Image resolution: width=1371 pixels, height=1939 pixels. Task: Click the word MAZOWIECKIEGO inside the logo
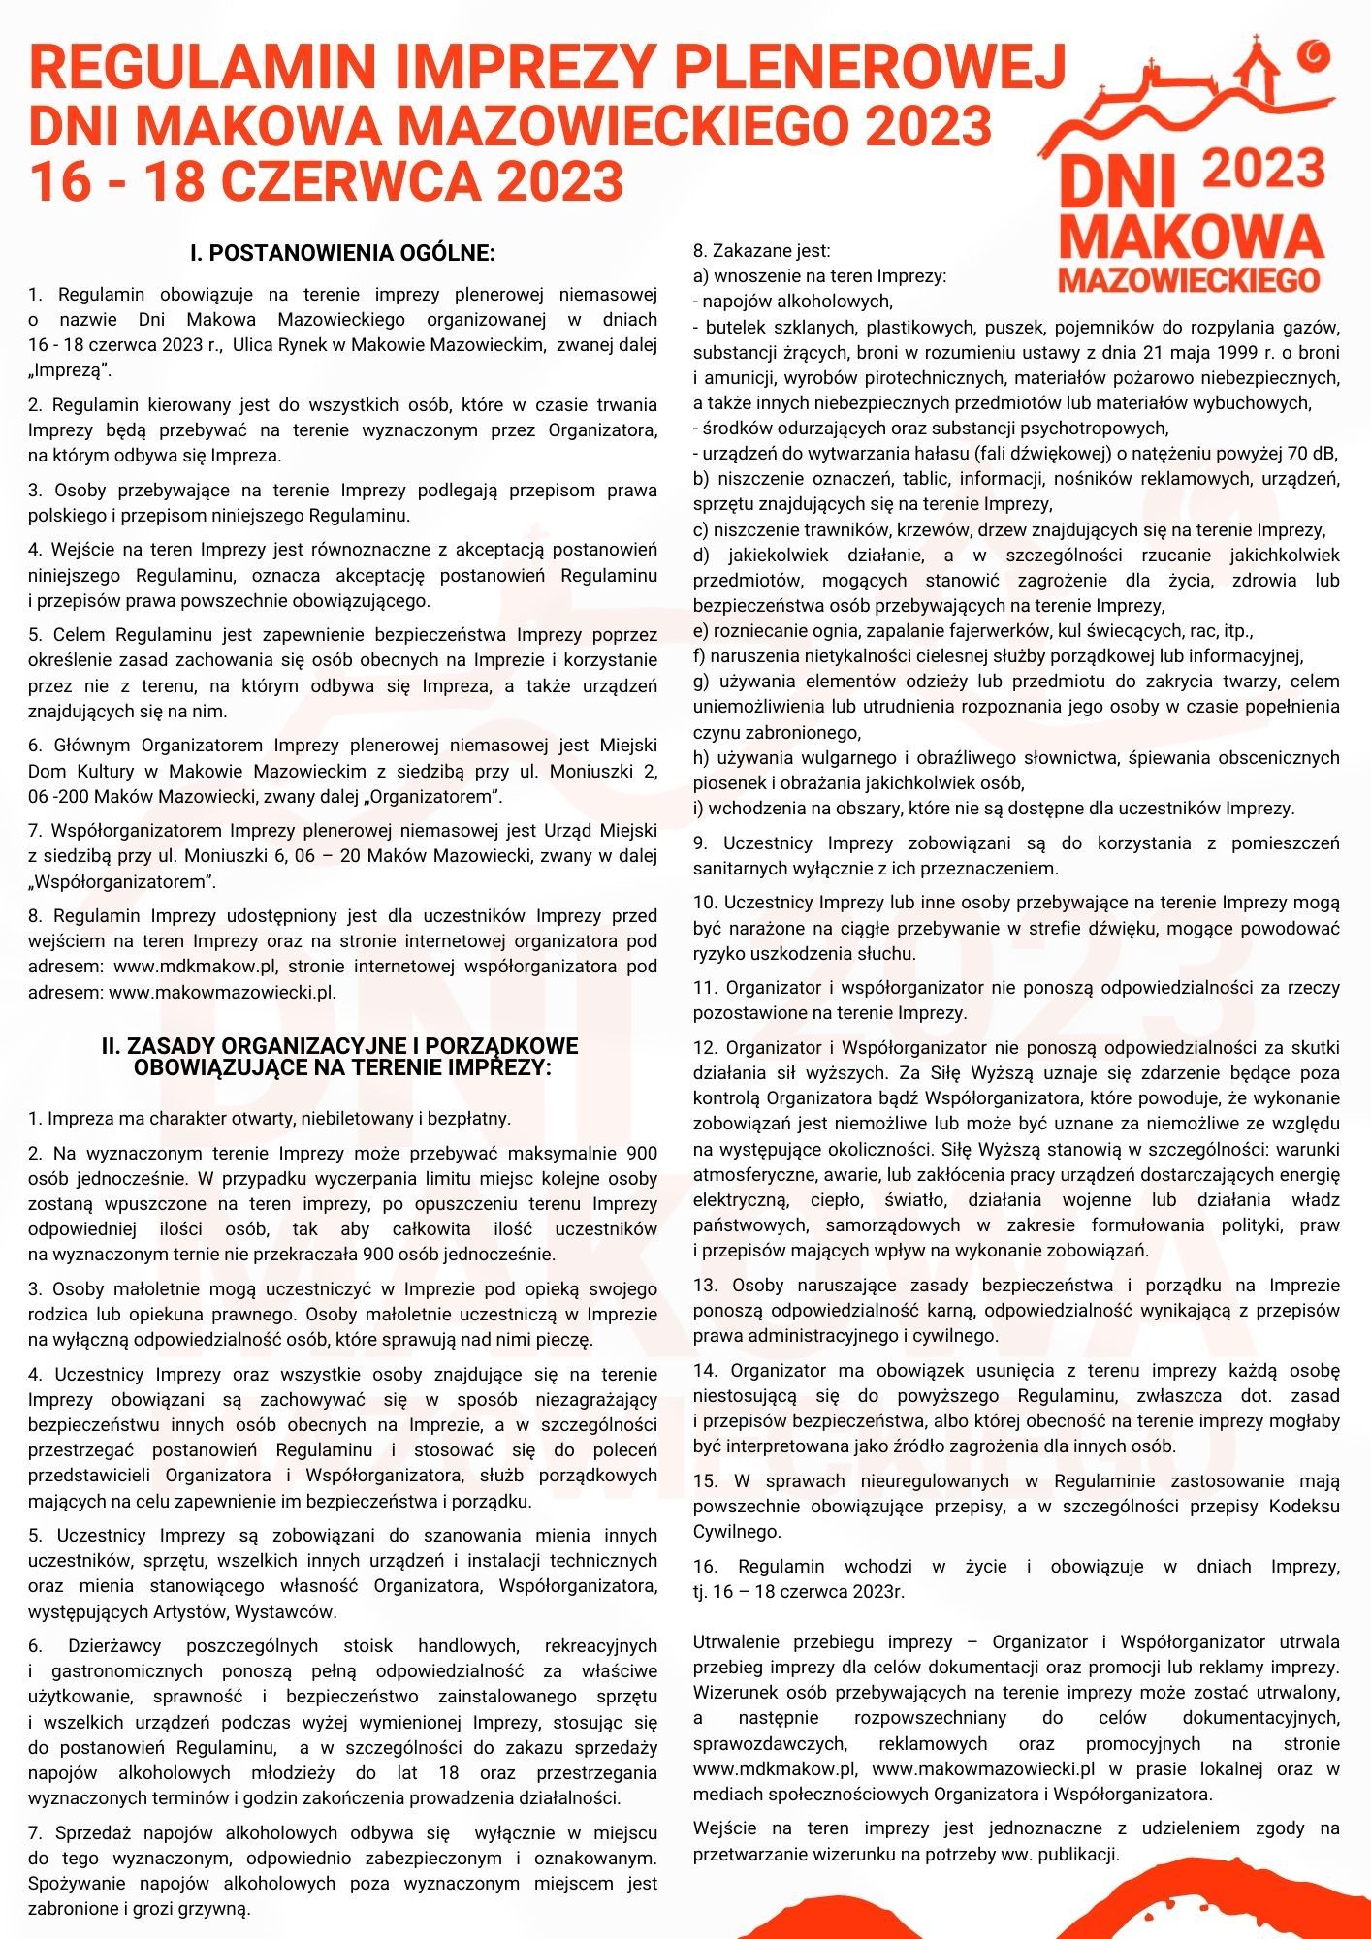pyautogui.click(x=1189, y=279)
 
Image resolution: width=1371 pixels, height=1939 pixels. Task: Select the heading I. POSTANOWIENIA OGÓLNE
pyautogui.click(x=342, y=254)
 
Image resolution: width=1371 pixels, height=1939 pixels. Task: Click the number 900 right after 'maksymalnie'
pyautogui.click(x=640, y=1154)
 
